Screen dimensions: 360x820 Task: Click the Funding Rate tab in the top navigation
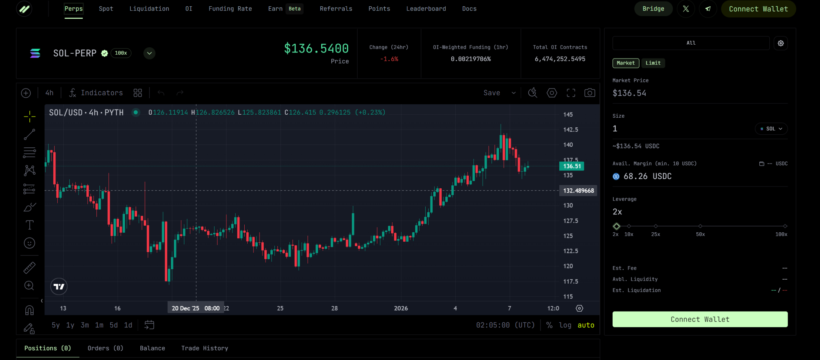[x=230, y=9]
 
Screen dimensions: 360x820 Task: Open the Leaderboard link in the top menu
[x=426, y=9]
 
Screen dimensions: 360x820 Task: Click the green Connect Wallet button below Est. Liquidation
[x=700, y=319]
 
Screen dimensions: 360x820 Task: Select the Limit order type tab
[x=653, y=63]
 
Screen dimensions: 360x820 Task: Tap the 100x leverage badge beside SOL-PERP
[x=121, y=53]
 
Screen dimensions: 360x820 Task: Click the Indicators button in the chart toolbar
[x=96, y=93]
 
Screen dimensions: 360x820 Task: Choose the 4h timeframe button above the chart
[x=49, y=93]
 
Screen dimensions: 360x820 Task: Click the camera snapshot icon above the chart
[x=589, y=93]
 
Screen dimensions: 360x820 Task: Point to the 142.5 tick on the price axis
[x=570, y=130]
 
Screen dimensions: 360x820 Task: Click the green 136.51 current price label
[x=572, y=166]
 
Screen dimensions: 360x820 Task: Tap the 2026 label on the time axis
[x=401, y=308]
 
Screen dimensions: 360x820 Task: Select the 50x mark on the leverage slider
[x=700, y=226]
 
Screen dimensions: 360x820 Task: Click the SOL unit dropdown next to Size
[x=771, y=129]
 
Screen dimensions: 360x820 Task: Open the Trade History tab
[x=204, y=348]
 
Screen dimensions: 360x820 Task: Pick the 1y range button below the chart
[x=70, y=325]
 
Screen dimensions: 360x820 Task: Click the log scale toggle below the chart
[x=565, y=325]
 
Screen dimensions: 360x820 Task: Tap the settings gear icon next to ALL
[x=781, y=43]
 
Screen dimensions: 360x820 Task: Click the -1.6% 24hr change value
[x=389, y=59]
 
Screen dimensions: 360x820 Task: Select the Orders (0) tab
[x=105, y=348]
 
